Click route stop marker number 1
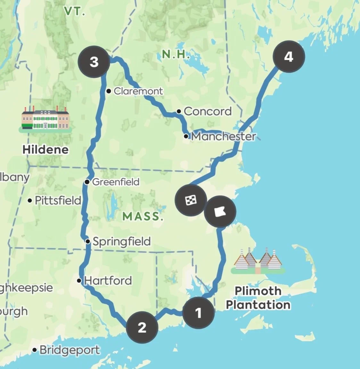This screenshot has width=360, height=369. tap(198, 313)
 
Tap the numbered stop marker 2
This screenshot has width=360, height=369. tap(142, 327)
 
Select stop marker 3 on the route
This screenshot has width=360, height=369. tap(94, 62)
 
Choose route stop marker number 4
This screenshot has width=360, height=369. tap(289, 57)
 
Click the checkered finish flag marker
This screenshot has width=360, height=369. tap(191, 201)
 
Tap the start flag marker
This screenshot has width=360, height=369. tap(220, 212)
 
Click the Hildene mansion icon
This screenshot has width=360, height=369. tap(45, 119)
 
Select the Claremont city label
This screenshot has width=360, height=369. tap(138, 91)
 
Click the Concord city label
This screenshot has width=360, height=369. tap(208, 111)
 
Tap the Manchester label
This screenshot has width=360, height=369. tap(224, 136)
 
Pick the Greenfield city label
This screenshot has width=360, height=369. tap(116, 182)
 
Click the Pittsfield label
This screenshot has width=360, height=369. tap(58, 201)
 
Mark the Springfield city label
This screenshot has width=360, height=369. tap(122, 241)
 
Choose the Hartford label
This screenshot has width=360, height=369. tap(108, 281)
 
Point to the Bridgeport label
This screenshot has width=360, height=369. tap(70, 350)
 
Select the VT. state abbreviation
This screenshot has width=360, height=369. tap(75, 12)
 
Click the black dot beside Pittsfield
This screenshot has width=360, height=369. tap(30, 201)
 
